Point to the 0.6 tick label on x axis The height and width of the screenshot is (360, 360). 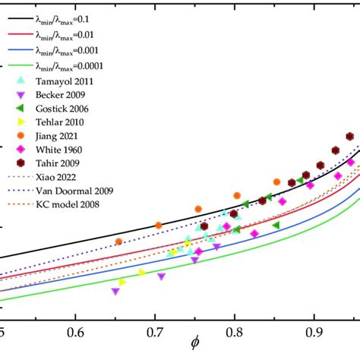click(x=75, y=333)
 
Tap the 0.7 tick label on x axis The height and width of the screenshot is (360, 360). click(x=155, y=333)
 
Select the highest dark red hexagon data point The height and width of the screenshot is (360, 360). click(x=350, y=137)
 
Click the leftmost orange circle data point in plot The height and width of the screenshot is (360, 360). click(x=118, y=242)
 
